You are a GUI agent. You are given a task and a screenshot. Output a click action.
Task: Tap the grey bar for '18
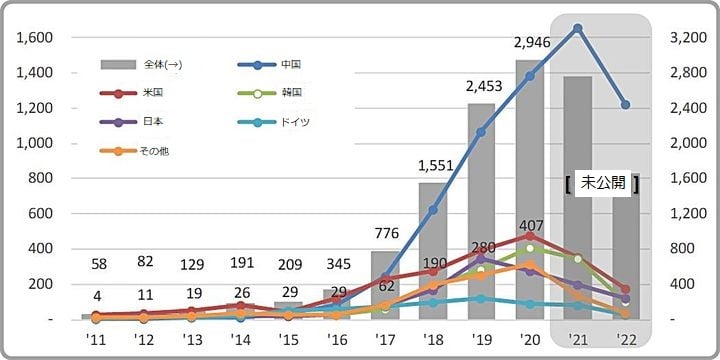point(432,250)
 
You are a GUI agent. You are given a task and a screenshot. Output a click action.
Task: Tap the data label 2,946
point(530,42)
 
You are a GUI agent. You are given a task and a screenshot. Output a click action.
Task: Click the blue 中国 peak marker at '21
point(578,28)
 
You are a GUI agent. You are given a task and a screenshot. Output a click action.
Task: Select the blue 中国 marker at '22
point(625,105)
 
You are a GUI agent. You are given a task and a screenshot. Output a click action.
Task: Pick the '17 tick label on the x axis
point(385,340)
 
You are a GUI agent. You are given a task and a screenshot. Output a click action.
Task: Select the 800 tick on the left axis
point(40,178)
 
